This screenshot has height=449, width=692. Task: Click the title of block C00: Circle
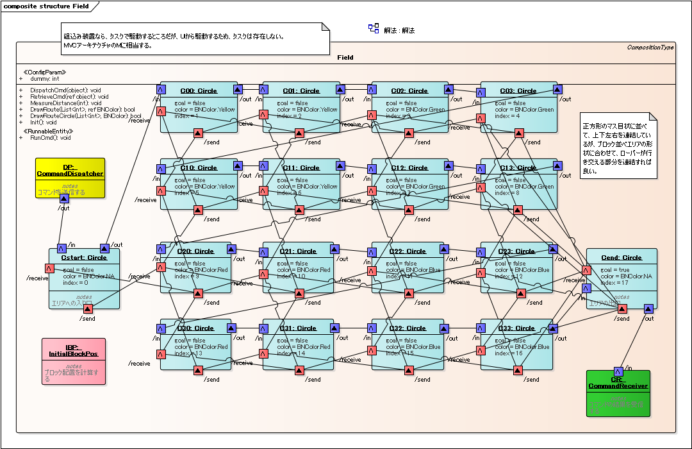coord(199,91)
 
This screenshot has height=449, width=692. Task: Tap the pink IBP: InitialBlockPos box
coord(73,361)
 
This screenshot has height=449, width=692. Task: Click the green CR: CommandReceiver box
coord(618,393)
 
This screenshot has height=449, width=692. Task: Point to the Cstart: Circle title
coord(84,258)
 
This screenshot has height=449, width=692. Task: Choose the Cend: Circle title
coord(621,258)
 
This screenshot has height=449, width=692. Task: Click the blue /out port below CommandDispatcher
coord(63,199)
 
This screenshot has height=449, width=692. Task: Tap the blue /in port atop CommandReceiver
coord(618,371)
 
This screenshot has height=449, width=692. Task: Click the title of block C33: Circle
coord(516,328)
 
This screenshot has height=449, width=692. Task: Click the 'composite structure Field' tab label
coord(46,6)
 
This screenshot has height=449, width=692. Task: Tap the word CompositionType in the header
coord(650,47)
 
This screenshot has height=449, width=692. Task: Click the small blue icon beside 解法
coord(374,28)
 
